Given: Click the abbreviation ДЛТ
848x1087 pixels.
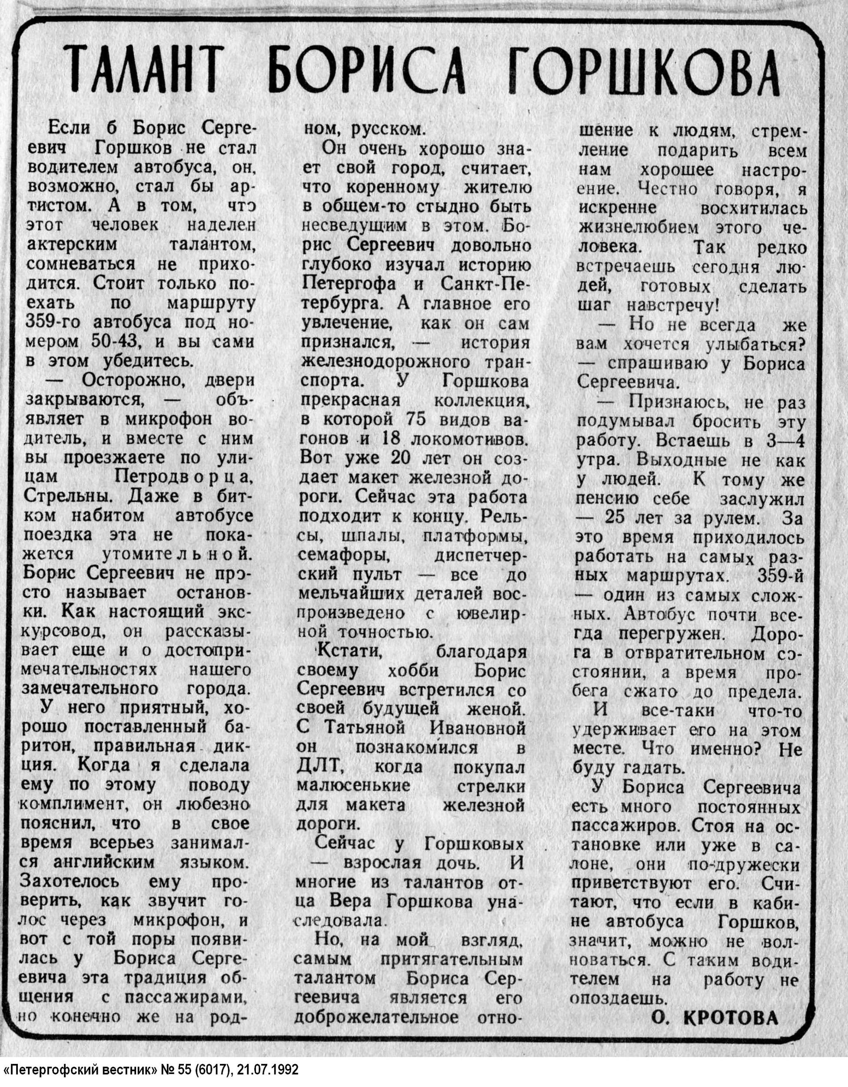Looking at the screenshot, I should pyautogui.click(x=317, y=767).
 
